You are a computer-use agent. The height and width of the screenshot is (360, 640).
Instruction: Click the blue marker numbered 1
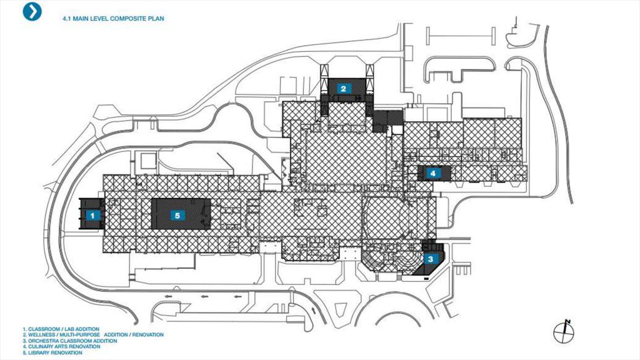coord(92,215)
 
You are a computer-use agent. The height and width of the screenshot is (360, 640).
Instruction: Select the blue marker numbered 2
coord(343,89)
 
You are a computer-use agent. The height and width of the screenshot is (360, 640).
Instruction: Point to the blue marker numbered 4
coord(432,172)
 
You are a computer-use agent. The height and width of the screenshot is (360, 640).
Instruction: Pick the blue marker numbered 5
coord(177,215)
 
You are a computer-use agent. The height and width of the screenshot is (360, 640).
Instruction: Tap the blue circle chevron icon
coord(32,11)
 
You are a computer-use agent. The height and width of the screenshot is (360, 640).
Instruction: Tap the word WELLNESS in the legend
coord(41,334)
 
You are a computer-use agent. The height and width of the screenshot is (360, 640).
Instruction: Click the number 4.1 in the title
coord(66,19)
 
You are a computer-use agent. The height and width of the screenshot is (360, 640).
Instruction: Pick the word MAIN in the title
coord(80,19)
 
